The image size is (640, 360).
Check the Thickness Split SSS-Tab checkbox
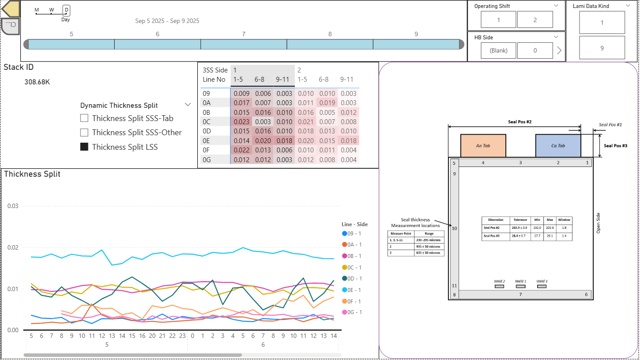click(x=84, y=118)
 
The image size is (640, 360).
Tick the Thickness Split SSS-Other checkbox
click(x=84, y=133)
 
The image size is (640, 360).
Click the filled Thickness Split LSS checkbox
click(x=84, y=147)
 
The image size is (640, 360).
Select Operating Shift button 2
click(x=535, y=20)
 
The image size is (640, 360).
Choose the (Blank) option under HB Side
click(x=498, y=50)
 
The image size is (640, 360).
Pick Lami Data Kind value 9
click(x=602, y=48)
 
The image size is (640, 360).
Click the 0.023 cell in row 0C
click(x=241, y=122)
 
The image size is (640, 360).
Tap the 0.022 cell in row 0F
click(x=241, y=150)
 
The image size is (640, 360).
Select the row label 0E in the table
click(x=207, y=141)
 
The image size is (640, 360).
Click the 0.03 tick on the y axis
click(x=12, y=206)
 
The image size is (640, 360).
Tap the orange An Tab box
click(x=483, y=146)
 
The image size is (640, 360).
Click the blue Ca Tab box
click(x=558, y=146)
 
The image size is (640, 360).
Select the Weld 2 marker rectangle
click(x=499, y=286)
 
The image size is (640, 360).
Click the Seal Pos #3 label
click(x=615, y=146)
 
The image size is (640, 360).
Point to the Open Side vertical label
click(x=599, y=223)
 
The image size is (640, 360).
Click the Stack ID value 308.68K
click(x=37, y=82)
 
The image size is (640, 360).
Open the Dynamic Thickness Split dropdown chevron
click(x=188, y=105)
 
